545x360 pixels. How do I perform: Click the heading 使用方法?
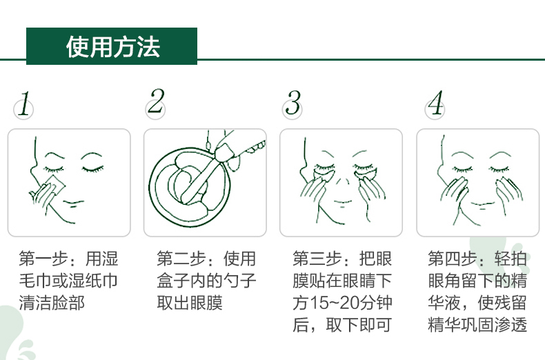[113, 47]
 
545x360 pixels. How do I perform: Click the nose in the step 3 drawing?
[342, 182]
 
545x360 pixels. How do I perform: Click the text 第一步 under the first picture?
[43, 259]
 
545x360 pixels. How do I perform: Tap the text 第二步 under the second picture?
[181, 259]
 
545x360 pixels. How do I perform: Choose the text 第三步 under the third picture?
[317, 259]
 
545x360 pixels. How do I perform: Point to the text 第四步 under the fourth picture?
[453, 259]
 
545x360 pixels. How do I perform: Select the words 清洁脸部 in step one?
[52, 303]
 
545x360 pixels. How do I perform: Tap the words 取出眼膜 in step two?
[190, 303]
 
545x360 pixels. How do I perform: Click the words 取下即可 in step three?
[359, 325]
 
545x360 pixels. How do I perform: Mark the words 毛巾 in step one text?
[35, 281]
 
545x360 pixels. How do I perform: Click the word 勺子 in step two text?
[239, 281]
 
